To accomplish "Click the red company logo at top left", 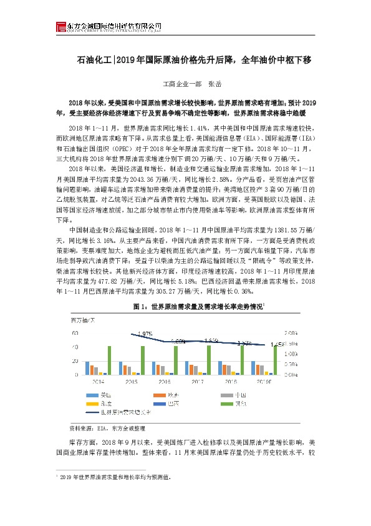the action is coord(60,26).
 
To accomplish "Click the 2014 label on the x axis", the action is coord(99,380).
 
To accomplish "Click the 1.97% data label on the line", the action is coord(145,334).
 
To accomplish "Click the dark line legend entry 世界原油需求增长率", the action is coord(122,412).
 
